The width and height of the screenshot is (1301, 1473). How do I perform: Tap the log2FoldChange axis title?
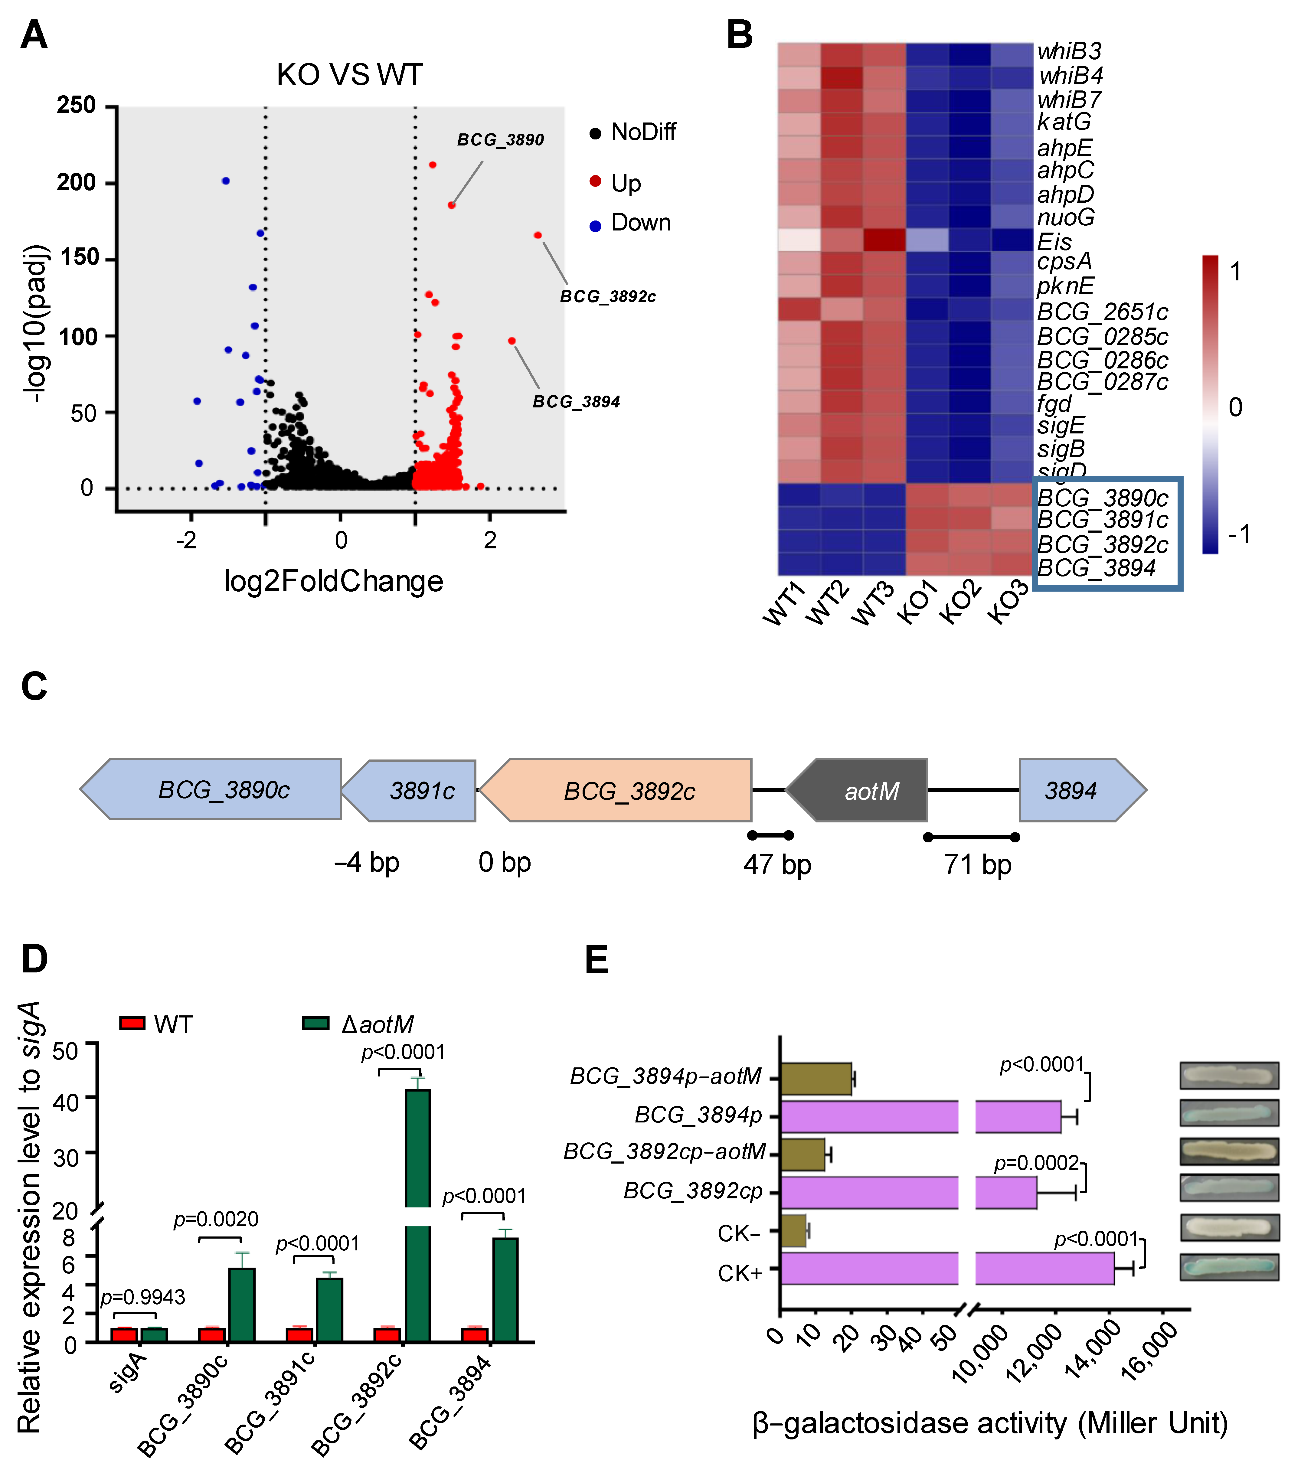click(334, 581)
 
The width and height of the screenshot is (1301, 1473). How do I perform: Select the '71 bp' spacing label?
click(977, 864)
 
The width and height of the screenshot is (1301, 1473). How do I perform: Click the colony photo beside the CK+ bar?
click(1229, 1267)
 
